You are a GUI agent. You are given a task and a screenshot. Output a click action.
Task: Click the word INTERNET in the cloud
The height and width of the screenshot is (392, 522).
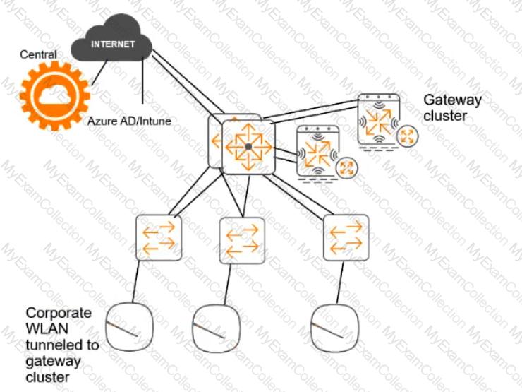coord(113,44)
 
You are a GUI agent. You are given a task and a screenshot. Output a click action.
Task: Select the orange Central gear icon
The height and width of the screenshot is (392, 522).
coord(55,96)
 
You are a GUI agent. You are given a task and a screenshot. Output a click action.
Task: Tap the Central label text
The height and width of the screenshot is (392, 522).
coord(38,54)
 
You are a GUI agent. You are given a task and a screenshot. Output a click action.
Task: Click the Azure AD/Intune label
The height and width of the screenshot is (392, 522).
coord(129,121)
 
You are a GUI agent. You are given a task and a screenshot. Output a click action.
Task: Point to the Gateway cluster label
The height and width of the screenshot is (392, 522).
coord(452,107)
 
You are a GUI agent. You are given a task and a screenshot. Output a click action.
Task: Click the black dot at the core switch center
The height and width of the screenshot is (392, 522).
coord(248,146)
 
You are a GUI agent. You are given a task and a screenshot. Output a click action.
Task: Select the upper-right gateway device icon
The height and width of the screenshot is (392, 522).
coord(379,120)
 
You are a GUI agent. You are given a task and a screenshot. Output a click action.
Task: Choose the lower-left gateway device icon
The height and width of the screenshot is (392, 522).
coord(317,153)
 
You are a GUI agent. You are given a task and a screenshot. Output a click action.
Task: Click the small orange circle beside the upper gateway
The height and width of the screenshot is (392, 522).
coord(407,136)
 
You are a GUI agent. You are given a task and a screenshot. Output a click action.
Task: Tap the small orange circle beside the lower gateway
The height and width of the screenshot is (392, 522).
coord(346,167)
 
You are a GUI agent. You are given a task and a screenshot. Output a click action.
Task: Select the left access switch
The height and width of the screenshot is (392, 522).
coord(159,237)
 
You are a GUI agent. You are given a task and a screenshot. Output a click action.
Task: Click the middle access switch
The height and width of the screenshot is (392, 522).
coord(243,241)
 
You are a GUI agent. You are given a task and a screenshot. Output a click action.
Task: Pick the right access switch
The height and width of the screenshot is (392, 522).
coord(346,237)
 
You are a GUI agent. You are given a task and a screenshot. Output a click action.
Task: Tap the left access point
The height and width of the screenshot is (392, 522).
coord(129,326)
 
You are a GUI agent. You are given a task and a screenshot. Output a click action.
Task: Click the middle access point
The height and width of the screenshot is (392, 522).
coord(216,328)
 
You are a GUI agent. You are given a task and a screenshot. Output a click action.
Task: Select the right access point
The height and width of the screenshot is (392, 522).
coord(334,328)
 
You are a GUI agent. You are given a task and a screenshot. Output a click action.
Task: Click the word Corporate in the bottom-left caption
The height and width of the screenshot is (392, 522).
coord(59,314)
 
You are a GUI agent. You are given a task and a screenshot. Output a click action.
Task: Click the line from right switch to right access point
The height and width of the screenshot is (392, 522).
coord(340,282)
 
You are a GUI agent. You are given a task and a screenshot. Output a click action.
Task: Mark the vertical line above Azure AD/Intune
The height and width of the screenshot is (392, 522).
coord(142,80)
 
